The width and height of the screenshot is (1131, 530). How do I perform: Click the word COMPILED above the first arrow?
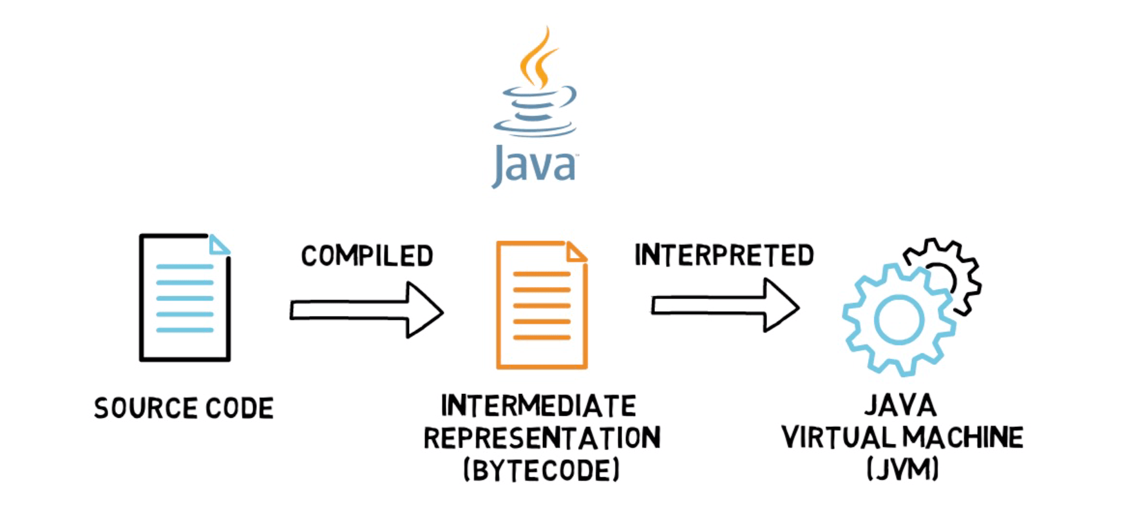pyautogui.click(x=366, y=256)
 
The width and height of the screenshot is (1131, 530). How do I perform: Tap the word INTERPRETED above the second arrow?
pyautogui.click(x=724, y=255)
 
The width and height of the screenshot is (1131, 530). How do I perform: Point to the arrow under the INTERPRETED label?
pyautogui.click(x=725, y=305)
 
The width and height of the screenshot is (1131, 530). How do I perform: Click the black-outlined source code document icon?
pyautogui.click(x=184, y=298)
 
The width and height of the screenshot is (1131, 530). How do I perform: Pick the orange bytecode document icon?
pyautogui.click(x=541, y=305)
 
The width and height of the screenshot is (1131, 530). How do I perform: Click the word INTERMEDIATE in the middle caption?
pyautogui.click(x=538, y=406)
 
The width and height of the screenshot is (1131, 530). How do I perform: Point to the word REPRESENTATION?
pyautogui.click(x=542, y=438)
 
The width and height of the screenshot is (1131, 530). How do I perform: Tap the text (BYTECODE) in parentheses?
pyautogui.click(x=541, y=470)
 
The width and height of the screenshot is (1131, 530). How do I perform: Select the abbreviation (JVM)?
pyautogui.click(x=902, y=469)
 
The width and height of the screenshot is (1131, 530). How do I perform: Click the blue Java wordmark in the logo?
pyautogui.click(x=534, y=166)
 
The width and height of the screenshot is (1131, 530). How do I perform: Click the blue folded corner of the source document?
pyautogui.click(x=218, y=246)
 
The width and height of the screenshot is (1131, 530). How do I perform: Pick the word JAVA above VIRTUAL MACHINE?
pyautogui.click(x=900, y=406)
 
